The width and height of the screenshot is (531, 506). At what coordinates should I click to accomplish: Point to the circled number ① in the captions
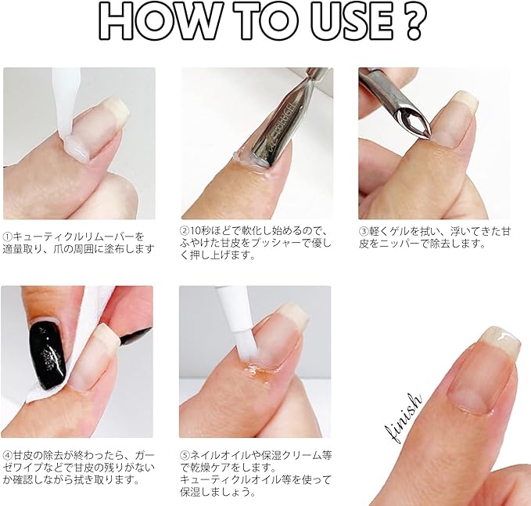point(8,237)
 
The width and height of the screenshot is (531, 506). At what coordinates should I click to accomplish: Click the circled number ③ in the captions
point(364,231)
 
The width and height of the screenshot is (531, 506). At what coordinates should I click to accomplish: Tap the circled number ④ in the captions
point(8,455)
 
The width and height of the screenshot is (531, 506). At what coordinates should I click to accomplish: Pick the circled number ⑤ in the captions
point(185,455)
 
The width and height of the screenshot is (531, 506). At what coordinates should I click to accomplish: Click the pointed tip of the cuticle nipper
point(423,136)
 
